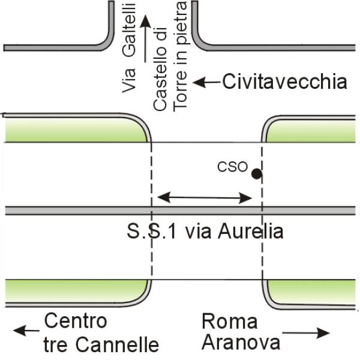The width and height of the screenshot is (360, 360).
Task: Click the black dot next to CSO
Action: click(257, 174)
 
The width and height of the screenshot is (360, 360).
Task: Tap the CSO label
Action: click(232, 167)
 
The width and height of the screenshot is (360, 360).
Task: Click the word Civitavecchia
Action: click(284, 81)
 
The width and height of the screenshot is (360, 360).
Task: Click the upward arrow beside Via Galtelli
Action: click(144, 40)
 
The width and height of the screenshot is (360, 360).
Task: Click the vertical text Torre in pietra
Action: click(180, 57)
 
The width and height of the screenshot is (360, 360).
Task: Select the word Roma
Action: click(229, 322)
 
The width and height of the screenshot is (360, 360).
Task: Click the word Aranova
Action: click(241, 343)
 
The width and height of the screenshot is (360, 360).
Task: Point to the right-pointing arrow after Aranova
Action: click(307, 332)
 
